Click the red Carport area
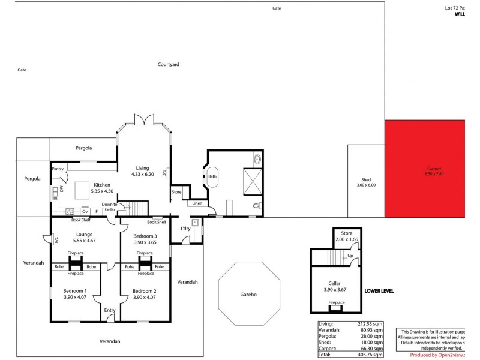click(425, 169)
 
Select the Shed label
click(366, 180)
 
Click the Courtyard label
click(169, 64)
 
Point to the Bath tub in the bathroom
click(213, 176)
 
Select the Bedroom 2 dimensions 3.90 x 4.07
click(145, 297)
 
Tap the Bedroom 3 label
click(145, 236)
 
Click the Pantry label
click(58, 169)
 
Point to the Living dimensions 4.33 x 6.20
click(142, 174)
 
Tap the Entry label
click(110, 310)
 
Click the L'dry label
click(185, 229)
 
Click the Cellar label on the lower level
click(334, 283)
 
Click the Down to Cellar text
click(109, 207)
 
